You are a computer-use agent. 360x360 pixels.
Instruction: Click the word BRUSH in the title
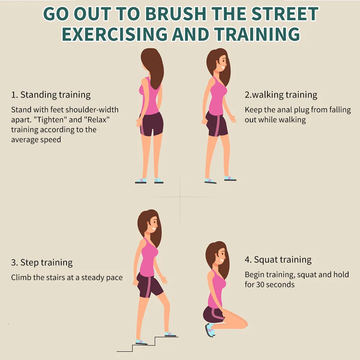pos(176,14)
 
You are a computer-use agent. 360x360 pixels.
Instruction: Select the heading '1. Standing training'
pos(51,95)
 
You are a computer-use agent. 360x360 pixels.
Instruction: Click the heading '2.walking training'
pos(281,95)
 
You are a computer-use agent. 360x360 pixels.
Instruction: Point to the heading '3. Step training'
pos(42,262)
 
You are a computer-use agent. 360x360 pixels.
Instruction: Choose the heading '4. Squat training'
pos(278,260)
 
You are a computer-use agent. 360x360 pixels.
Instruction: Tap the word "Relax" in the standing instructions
pos(97,120)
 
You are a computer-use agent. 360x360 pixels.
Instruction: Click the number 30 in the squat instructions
pos(260,284)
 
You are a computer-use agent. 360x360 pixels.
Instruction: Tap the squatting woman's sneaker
pos(210,330)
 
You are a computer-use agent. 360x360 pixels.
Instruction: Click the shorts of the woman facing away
pos(152,124)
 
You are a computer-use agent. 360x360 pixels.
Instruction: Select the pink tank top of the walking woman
pos(217,96)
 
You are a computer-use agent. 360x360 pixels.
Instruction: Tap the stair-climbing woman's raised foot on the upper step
pos(170,334)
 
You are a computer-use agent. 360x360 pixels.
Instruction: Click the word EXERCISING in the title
pos(115,34)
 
